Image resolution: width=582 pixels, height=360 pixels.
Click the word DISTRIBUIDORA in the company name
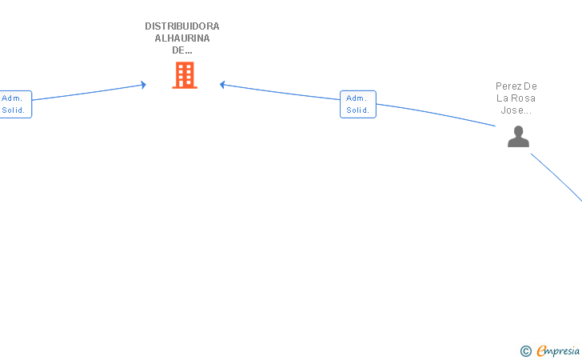tap(181, 26)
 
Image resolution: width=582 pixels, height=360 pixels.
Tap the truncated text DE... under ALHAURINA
tap(181, 50)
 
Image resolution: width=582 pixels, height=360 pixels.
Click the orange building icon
tap(185, 75)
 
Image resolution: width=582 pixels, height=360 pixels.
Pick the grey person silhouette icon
tap(518, 137)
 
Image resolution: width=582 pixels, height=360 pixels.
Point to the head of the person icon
tap(518, 130)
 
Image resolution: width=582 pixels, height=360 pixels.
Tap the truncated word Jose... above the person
tap(516, 110)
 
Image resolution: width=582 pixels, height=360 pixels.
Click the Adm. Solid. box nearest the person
tap(357, 104)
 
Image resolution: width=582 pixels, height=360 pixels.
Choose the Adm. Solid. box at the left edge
tap(14, 104)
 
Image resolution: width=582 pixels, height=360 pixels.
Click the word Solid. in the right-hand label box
tap(357, 110)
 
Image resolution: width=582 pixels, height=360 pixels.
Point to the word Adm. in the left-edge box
tap(11, 98)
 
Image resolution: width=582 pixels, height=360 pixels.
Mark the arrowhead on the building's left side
tap(143, 84)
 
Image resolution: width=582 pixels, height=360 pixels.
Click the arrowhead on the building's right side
tap(223, 84)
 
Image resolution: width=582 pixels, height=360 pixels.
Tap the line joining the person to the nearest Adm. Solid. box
tap(436, 112)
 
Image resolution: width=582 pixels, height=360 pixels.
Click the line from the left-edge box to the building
tap(88, 92)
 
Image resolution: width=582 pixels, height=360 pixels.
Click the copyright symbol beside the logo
tap(525, 350)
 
